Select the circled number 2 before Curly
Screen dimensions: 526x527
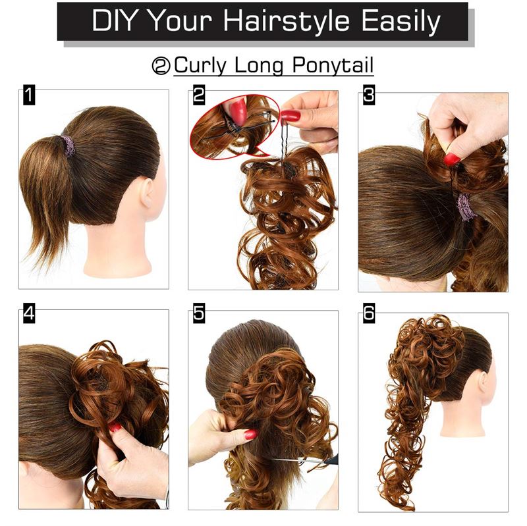click(161, 66)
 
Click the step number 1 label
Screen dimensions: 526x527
click(28, 95)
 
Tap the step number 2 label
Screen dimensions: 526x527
click(198, 95)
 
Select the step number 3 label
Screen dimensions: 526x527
click(368, 95)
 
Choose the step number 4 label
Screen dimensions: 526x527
click(28, 313)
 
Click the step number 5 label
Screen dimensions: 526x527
click(198, 313)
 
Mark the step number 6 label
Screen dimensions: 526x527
click(368, 313)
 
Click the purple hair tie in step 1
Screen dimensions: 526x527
click(69, 145)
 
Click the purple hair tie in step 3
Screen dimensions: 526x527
click(466, 207)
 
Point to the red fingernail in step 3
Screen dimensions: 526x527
click(451, 159)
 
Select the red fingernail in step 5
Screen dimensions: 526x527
click(250, 434)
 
